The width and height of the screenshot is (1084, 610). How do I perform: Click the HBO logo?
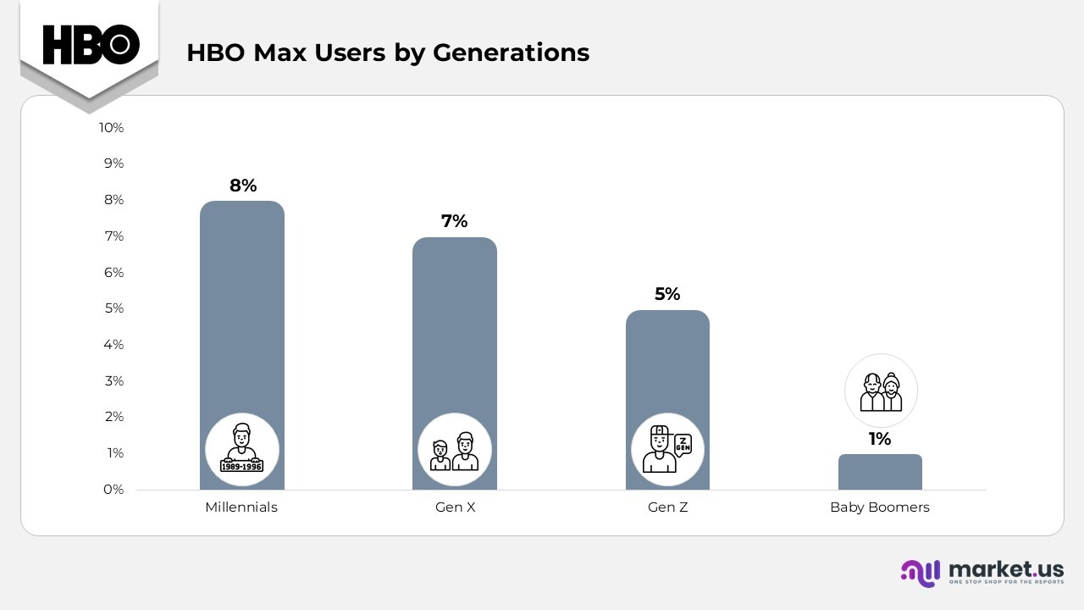point(91,44)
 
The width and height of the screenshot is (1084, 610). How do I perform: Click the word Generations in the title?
point(511,53)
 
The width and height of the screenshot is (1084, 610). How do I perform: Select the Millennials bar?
point(242,322)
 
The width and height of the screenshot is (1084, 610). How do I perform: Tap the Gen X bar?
point(455,339)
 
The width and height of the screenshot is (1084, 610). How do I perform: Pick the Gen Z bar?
point(667,364)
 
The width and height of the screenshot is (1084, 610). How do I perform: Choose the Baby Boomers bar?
point(880,472)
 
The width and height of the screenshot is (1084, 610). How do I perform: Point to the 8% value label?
point(243,186)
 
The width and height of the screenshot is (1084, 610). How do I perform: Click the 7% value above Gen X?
point(455,221)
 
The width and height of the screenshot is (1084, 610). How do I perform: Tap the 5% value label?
point(667,294)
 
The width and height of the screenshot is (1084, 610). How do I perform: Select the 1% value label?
point(880,439)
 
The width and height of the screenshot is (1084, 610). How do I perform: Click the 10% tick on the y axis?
point(112,127)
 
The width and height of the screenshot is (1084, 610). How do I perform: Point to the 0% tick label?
point(113,490)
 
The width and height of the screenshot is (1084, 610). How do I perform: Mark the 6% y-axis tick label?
point(113,272)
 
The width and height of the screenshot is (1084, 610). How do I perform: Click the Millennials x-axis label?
point(241,507)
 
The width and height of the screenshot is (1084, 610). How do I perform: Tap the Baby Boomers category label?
point(880,507)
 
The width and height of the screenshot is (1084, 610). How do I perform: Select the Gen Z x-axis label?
point(667,507)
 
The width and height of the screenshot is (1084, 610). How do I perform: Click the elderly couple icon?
point(881,391)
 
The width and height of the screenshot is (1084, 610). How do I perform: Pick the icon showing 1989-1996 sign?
point(242,450)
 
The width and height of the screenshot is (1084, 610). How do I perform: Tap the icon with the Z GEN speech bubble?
point(667,450)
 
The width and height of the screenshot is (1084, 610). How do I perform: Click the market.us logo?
point(982,572)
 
